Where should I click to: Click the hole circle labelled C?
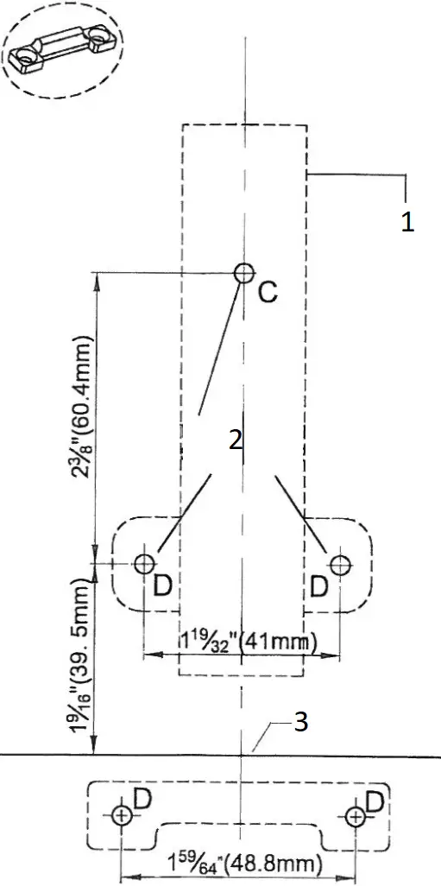tap(244, 274)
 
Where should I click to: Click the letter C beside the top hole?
tap(268, 293)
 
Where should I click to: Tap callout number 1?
tap(407, 221)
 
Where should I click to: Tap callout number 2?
tap(235, 439)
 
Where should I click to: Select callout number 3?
tap(301, 723)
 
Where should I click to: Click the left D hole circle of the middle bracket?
tap(143, 564)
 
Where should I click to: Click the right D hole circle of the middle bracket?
tap(341, 564)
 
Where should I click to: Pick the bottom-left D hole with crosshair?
tap(122, 815)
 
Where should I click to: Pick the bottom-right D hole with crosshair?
tap(354, 815)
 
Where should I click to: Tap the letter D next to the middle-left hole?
tap(162, 586)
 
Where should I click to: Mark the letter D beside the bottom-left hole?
tap(142, 800)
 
